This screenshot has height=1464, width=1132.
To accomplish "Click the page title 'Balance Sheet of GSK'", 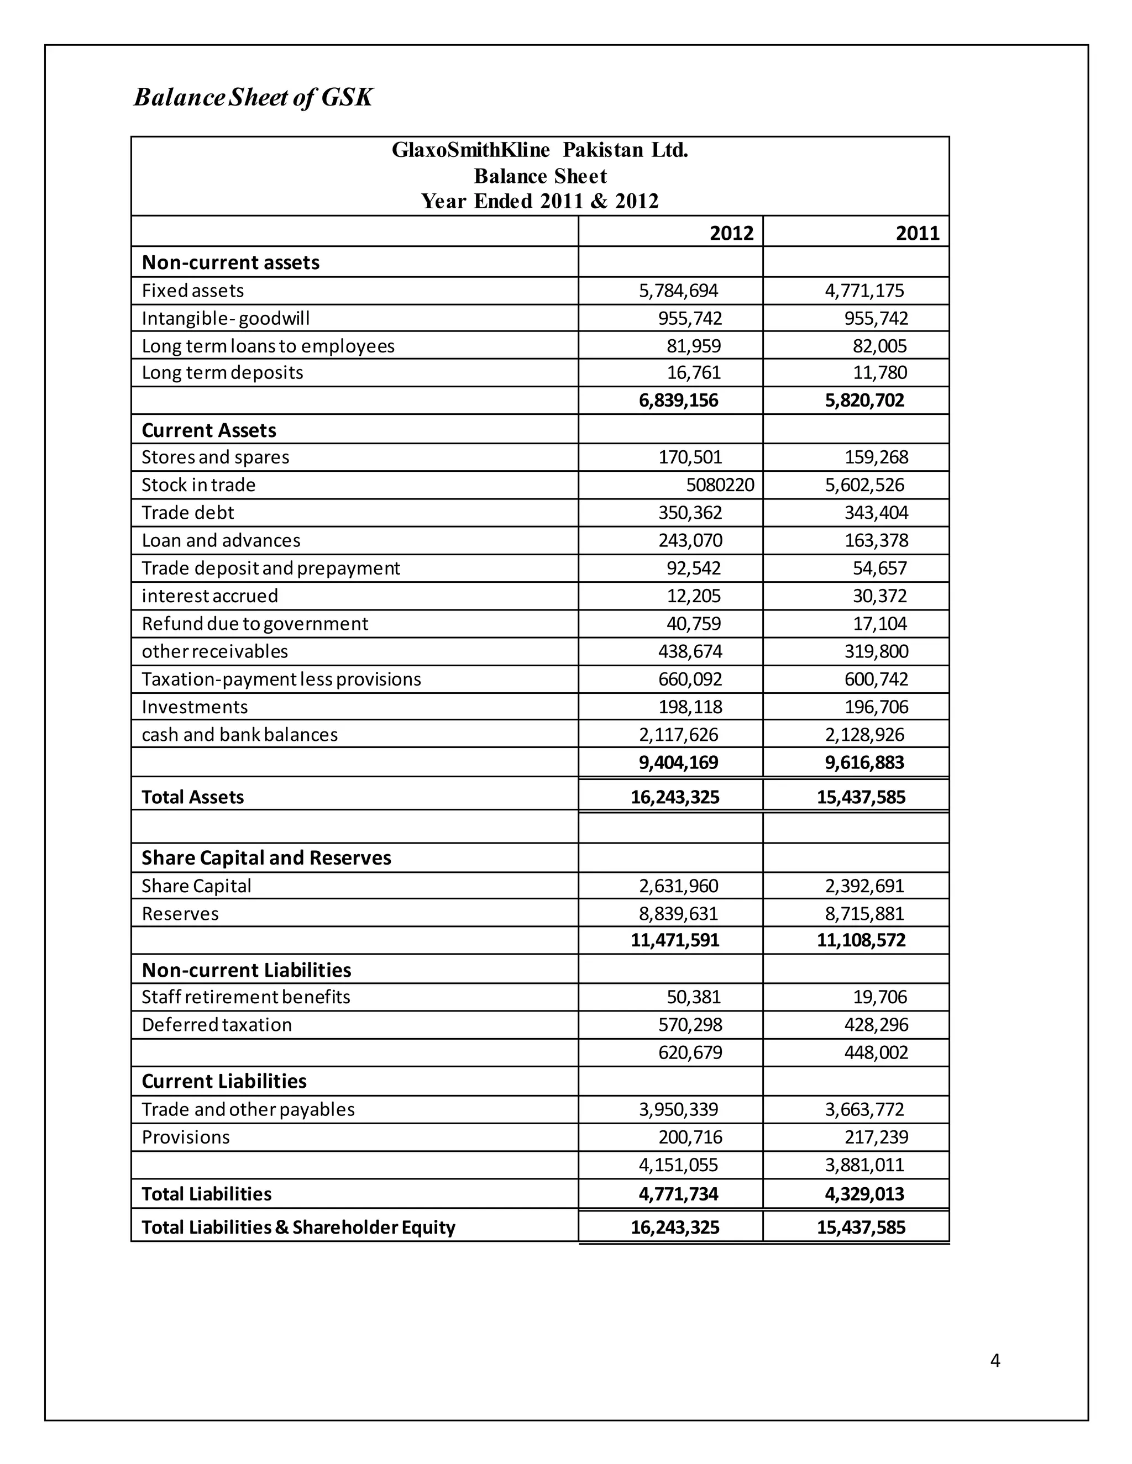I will [253, 98].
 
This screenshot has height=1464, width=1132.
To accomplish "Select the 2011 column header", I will [918, 233].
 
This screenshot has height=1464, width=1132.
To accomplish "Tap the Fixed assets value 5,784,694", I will [678, 291].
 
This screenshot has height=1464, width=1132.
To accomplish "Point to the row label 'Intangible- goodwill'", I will [226, 318].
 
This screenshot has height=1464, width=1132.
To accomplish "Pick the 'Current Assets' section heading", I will [208, 430].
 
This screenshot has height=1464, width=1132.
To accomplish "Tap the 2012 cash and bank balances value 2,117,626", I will [678, 735].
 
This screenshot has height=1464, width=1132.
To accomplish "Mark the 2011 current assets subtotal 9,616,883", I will [864, 763].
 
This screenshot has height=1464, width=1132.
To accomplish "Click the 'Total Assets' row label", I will [192, 797].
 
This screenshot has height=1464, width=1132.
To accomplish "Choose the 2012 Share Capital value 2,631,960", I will [678, 886].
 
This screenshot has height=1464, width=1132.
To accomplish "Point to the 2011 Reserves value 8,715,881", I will [864, 914].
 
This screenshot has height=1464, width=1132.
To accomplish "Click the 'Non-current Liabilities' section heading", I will [246, 970].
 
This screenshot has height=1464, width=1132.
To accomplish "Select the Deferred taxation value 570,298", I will [690, 1025].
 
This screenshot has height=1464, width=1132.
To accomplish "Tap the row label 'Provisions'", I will [185, 1138].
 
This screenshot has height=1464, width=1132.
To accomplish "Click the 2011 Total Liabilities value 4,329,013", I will [864, 1194].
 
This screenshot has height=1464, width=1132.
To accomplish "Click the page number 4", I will [994, 1361].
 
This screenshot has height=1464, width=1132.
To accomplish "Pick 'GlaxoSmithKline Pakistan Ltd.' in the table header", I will [540, 150].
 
